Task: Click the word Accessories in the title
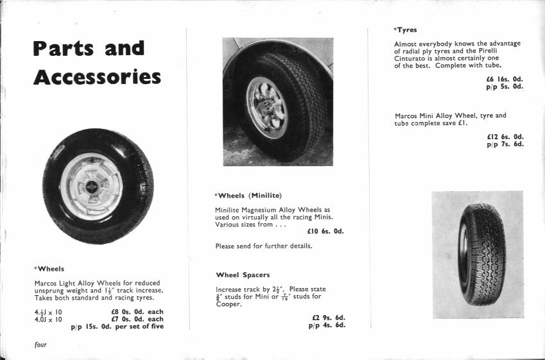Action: click(x=97, y=78)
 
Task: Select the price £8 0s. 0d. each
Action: click(x=137, y=312)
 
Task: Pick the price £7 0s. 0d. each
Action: click(x=137, y=319)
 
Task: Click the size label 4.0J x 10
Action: click(x=48, y=319)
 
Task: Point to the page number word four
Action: click(x=40, y=345)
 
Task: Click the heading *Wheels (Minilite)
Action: click(x=248, y=195)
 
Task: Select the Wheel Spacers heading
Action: click(x=243, y=275)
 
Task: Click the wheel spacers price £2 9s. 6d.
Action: click(x=329, y=317)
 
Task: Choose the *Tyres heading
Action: click(x=405, y=30)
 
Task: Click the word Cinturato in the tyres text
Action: click(x=411, y=58)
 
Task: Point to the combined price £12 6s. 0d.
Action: click(x=505, y=136)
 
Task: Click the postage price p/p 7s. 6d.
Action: click(x=505, y=144)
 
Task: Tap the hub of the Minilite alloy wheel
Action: click(x=265, y=106)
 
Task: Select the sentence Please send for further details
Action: click(x=264, y=246)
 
